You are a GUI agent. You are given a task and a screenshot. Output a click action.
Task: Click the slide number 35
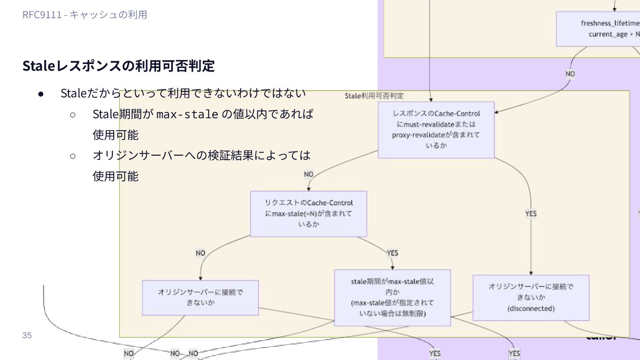(x=27, y=336)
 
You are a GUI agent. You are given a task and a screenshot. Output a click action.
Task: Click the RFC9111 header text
(x=85, y=15)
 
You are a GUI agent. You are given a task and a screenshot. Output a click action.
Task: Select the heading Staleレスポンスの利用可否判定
(x=119, y=66)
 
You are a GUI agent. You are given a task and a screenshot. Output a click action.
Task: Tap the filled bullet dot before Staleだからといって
(x=41, y=94)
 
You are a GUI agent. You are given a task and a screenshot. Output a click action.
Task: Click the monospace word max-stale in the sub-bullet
(x=188, y=114)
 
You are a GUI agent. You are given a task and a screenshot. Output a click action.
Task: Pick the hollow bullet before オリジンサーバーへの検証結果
(x=73, y=156)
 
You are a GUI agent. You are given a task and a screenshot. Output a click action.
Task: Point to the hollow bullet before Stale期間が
(x=73, y=115)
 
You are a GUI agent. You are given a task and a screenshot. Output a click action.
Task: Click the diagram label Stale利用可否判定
(x=374, y=96)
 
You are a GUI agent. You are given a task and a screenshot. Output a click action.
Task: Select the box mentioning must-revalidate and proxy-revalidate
(x=436, y=129)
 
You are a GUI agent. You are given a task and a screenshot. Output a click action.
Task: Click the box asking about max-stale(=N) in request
(x=308, y=214)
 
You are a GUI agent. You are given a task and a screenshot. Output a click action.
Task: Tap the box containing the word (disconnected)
(x=531, y=298)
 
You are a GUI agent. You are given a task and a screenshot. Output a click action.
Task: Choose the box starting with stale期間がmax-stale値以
(x=392, y=297)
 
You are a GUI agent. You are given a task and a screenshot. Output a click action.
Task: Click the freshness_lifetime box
(x=598, y=29)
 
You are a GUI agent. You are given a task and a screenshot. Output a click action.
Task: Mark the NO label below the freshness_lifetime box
(x=570, y=74)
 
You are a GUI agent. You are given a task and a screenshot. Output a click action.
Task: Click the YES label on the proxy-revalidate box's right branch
(x=531, y=214)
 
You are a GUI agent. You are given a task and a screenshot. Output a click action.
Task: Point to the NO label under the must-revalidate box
(x=309, y=174)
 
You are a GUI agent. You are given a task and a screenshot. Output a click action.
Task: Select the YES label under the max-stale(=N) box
(x=392, y=253)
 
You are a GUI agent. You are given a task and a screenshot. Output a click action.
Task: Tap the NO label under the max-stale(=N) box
(x=200, y=253)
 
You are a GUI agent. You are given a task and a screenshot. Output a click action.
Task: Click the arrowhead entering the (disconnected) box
(x=531, y=273)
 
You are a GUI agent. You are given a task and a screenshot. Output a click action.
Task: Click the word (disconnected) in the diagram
(x=531, y=308)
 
